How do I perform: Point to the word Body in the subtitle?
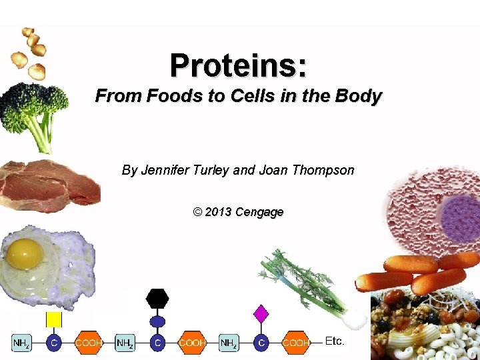click(360, 97)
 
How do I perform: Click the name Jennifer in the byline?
click(166, 170)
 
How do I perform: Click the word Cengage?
click(261, 212)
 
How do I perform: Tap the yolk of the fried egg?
click(25, 253)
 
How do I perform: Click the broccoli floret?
click(33, 107)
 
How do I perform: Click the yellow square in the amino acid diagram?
click(54, 319)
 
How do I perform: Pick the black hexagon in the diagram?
click(157, 298)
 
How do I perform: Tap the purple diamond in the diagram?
click(261, 313)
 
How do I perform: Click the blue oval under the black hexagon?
click(157, 321)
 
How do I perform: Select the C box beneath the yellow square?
click(54, 343)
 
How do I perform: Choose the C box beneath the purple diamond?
click(261, 343)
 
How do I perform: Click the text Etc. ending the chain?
click(335, 341)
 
